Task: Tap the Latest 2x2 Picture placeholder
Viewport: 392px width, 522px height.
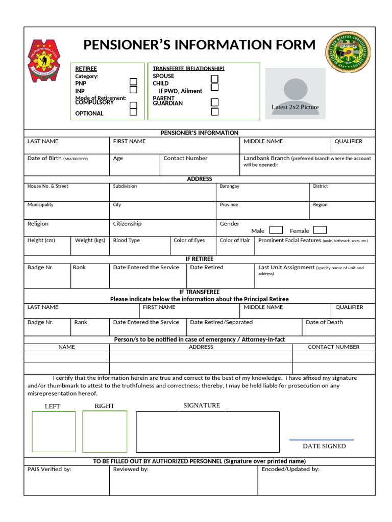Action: (295, 94)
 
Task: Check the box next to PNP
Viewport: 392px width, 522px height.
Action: (133, 82)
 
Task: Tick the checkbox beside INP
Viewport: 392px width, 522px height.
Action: (133, 90)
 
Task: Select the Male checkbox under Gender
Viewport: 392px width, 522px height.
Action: (276, 230)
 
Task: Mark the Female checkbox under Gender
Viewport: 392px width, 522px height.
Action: (320, 230)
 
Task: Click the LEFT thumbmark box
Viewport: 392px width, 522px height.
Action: (54, 431)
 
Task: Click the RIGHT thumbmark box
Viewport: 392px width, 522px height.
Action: (105, 431)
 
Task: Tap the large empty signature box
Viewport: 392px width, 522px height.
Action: (207, 431)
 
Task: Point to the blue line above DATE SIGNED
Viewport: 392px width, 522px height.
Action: (322, 439)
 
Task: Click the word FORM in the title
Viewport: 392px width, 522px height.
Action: (293, 45)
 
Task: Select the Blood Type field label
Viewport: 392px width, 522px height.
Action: (126, 240)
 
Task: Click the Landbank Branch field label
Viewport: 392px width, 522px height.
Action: (266, 158)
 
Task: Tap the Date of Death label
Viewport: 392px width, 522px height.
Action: (324, 322)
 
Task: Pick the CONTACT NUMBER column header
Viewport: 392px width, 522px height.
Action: (333, 347)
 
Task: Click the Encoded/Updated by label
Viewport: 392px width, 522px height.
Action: (290, 469)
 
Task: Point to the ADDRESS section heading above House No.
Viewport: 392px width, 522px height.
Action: (199, 179)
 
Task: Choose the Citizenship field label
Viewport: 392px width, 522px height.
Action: (127, 224)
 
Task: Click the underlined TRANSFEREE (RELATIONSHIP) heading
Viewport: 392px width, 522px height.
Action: (188, 68)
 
